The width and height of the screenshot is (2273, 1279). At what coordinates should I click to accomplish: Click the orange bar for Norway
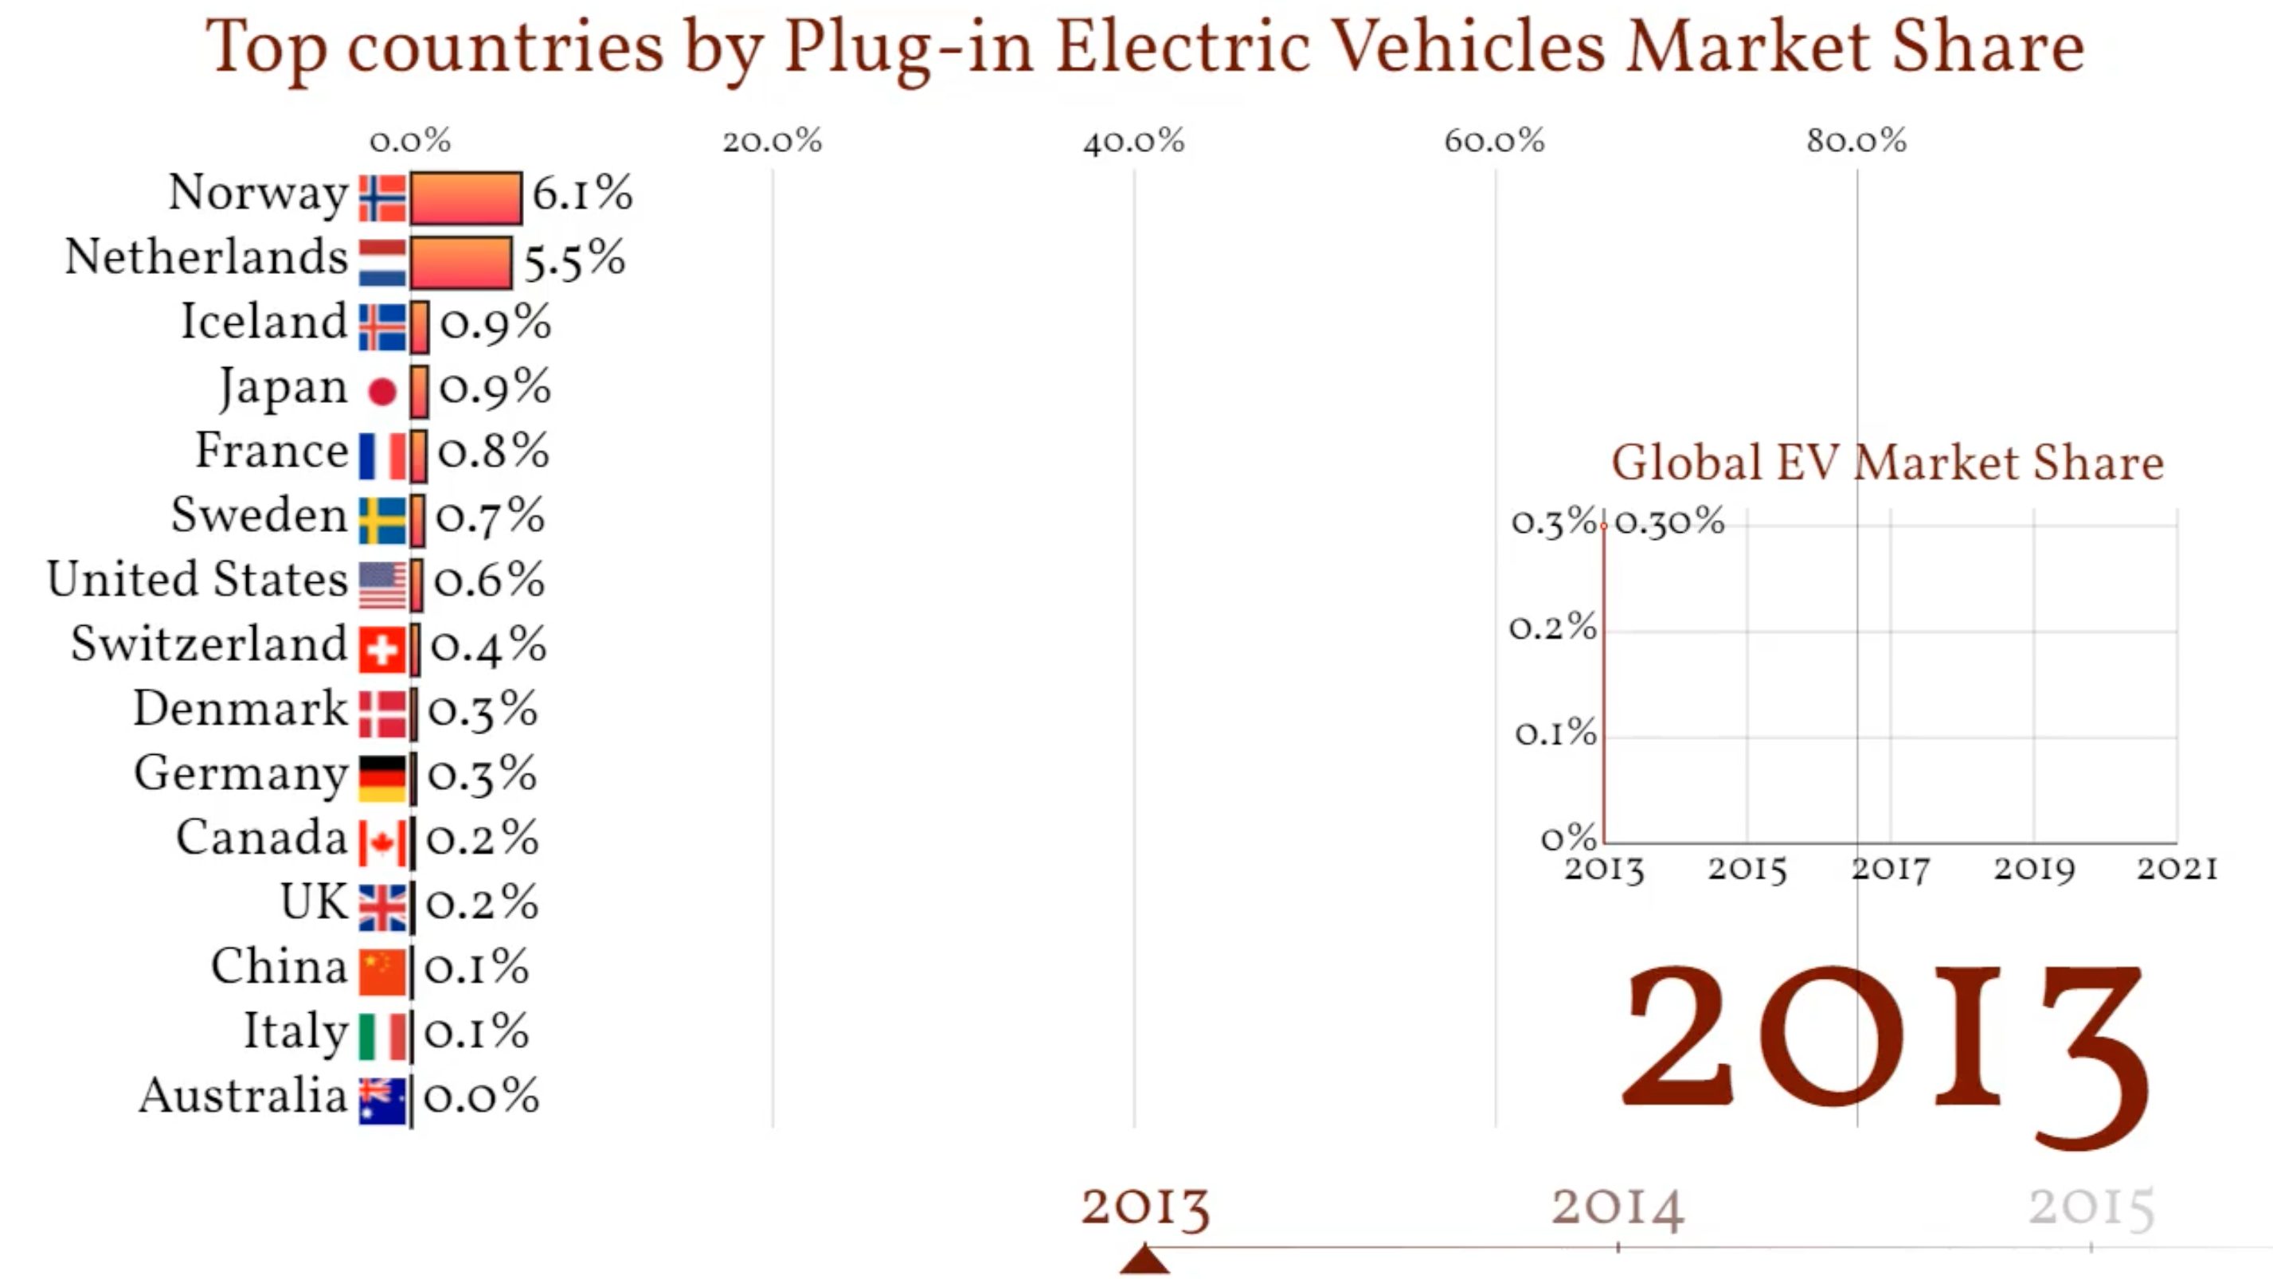tap(465, 198)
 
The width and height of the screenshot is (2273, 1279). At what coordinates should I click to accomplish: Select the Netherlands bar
tap(460, 262)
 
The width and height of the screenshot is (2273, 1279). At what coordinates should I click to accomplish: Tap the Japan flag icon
tap(382, 391)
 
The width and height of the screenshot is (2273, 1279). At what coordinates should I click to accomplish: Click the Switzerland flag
tap(382, 649)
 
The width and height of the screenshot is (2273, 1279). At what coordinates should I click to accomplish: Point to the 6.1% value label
tap(582, 194)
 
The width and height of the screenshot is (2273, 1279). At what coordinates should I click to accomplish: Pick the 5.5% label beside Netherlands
tap(574, 260)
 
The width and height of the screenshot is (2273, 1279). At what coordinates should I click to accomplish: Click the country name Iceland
tap(264, 322)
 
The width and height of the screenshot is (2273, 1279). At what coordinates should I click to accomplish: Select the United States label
tap(198, 581)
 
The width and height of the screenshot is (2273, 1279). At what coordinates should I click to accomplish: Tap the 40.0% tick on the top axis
tap(1134, 141)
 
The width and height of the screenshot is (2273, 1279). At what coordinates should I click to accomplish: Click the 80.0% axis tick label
tap(1856, 141)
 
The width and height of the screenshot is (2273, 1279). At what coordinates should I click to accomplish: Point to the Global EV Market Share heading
tap(1888, 463)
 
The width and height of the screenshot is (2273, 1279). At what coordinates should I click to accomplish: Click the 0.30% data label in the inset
tap(1669, 522)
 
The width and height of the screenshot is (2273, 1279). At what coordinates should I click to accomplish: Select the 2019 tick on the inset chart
tap(2034, 870)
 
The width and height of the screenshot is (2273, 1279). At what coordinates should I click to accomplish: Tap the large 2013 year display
tap(1884, 1050)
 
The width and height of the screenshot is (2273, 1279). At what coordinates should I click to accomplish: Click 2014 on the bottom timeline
tap(1618, 1207)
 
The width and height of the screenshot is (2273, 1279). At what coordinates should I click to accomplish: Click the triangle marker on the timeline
tap(1144, 1260)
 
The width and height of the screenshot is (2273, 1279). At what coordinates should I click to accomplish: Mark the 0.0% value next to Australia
tap(481, 1097)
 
